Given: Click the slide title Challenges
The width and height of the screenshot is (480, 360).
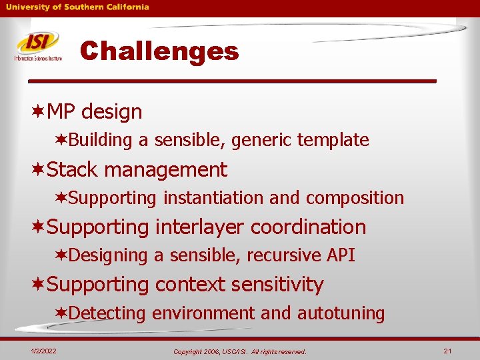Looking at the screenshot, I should tap(159, 51).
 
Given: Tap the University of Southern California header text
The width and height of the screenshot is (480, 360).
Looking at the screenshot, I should tap(78, 7).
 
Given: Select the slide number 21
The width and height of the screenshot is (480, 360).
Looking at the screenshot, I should tap(447, 351).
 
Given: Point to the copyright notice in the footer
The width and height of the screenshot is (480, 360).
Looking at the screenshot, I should tap(239, 351).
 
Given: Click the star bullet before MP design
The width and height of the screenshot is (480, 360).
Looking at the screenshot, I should tap(38, 111).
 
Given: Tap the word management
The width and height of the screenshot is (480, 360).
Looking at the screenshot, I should tap(165, 169).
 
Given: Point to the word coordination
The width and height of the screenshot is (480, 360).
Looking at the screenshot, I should tap(308, 227).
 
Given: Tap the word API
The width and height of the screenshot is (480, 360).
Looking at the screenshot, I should tap(341, 255).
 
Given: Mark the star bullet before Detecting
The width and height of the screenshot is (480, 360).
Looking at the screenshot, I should tap(61, 313).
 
